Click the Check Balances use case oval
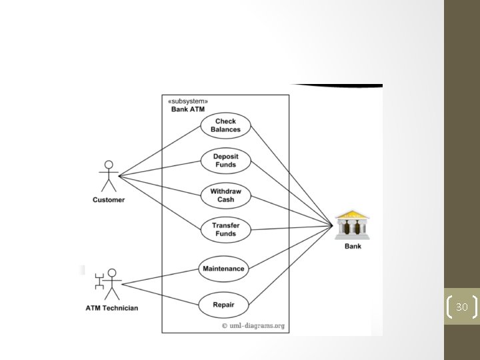tap(225, 125)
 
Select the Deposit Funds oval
tap(225, 161)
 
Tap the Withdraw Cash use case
tap(225, 195)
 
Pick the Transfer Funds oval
tap(225, 230)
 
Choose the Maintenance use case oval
tap(223, 269)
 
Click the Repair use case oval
tap(223, 305)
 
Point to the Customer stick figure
tap(108, 176)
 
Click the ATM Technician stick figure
tap(110, 283)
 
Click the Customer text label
tap(109, 199)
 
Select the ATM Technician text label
tap(112, 308)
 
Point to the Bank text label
tap(353, 247)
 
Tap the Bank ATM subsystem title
tap(188, 109)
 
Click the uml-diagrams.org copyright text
tap(253, 326)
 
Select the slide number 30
tap(461, 307)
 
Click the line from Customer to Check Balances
tap(160, 153)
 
